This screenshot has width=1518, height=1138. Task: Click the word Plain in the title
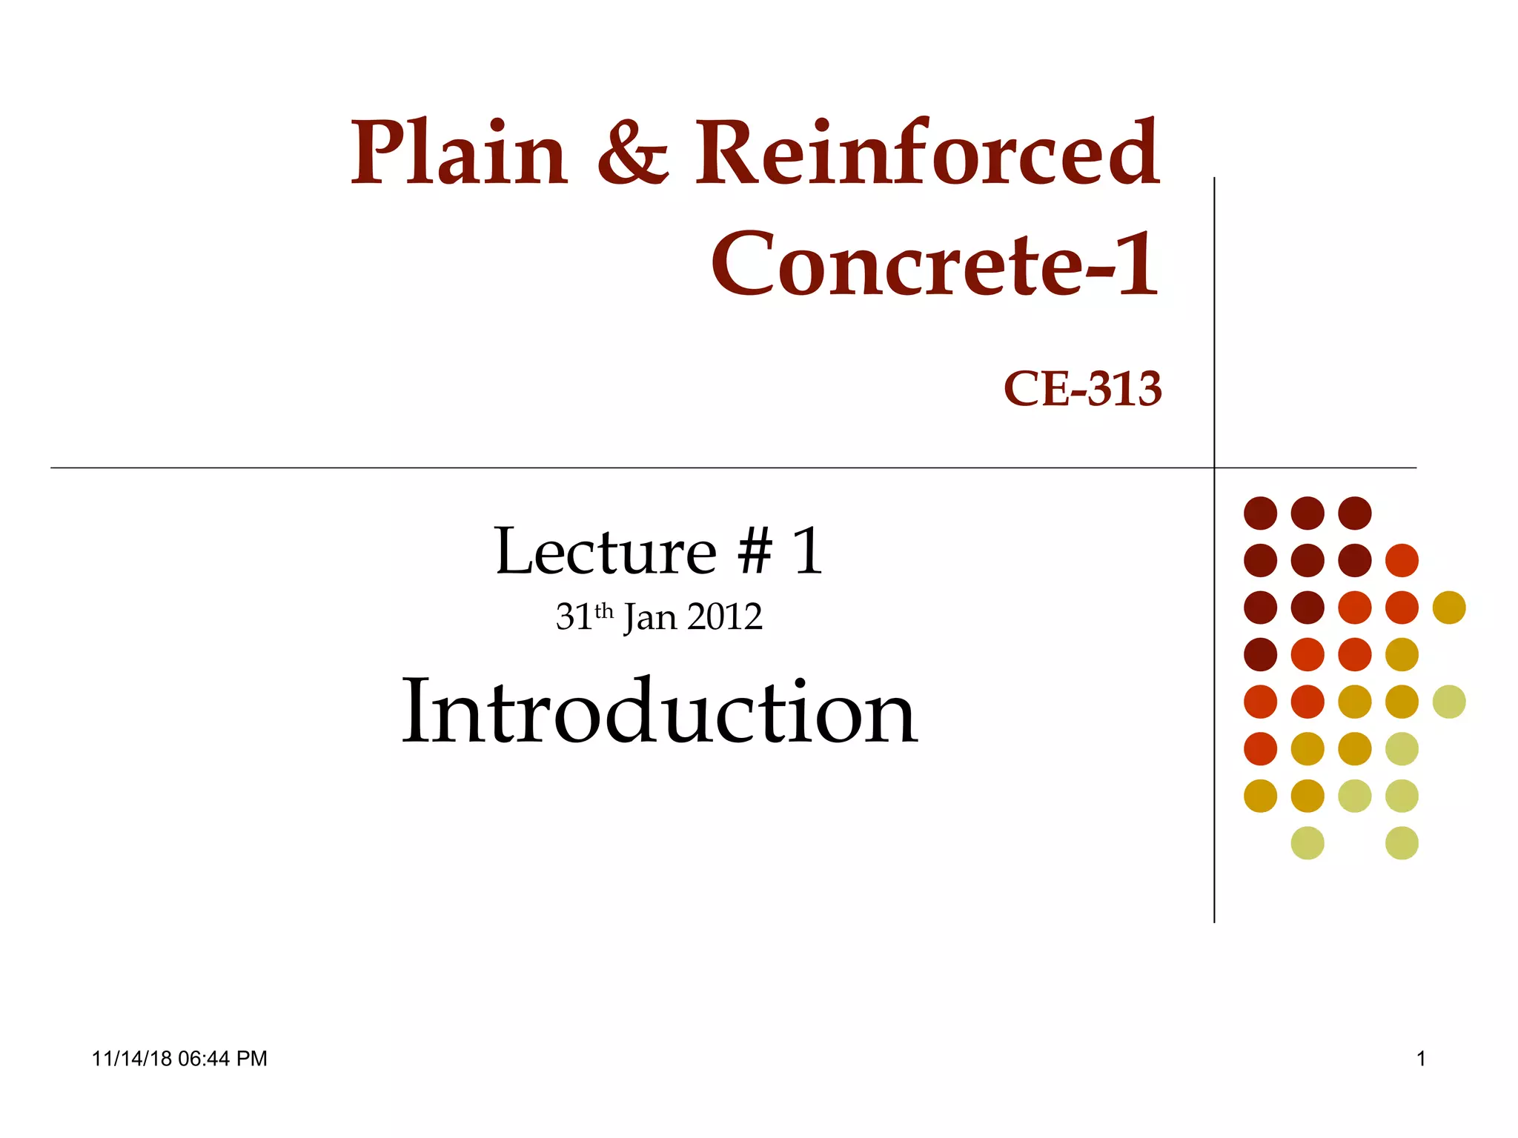pos(459,154)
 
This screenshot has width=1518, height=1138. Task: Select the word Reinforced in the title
pos(927,154)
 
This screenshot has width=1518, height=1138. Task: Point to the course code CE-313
pos(1082,389)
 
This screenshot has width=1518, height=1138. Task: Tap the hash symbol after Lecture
pos(755,552)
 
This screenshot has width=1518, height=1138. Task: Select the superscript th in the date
pos(604,611)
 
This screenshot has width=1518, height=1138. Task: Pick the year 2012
pos(724,617)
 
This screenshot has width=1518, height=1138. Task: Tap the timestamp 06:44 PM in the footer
pos(222,1059)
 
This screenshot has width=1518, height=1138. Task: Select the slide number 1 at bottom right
pos(1421,1059)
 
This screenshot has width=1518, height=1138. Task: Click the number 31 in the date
pos(574,617)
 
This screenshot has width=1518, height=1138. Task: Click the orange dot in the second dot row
pos(1402,560)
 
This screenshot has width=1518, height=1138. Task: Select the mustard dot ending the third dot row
pos(1449,608)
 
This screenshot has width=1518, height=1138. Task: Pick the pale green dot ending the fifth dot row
pos(1449,702)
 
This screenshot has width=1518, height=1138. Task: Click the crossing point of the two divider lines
pos(1214,467)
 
